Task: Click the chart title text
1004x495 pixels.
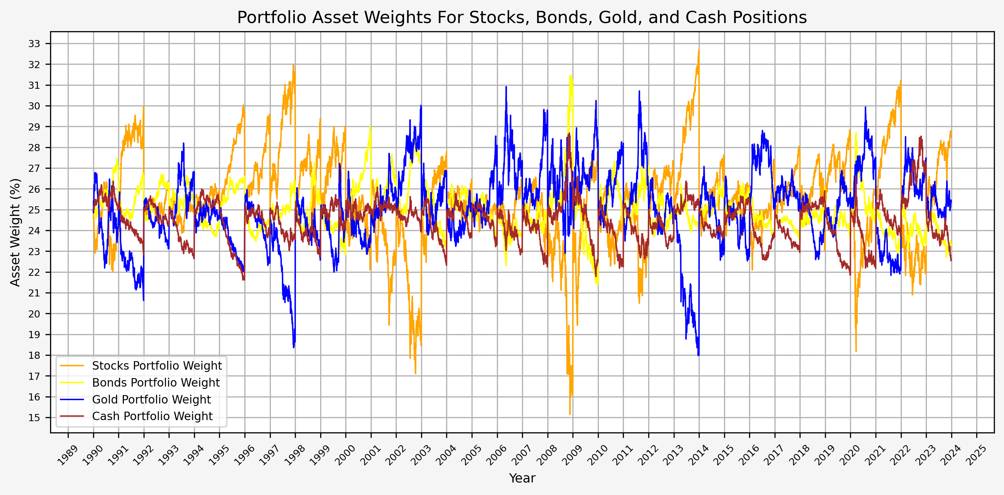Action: tap(522, 18)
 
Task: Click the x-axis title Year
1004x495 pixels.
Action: tap(522, 478)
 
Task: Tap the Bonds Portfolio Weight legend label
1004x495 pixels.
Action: tap(156, 383)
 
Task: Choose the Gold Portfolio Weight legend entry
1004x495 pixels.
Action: tap(151, 399)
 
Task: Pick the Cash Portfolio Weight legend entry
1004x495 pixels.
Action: tap(152, 416)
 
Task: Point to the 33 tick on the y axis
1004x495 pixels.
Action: tap(34, 44)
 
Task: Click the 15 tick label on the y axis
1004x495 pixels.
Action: tap(34, 418)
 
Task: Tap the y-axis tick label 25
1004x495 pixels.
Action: tap(34, 210)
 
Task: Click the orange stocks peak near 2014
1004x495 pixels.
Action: tap(699, 49)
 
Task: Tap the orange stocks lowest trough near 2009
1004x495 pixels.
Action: tap(570, 414)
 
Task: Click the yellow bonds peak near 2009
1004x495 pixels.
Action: tap(571, 76)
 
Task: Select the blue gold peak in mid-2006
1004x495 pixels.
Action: tap(506, 87)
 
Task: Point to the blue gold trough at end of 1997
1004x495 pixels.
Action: tap(293, 347)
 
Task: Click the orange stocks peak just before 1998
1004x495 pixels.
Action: tap(293, 65)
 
